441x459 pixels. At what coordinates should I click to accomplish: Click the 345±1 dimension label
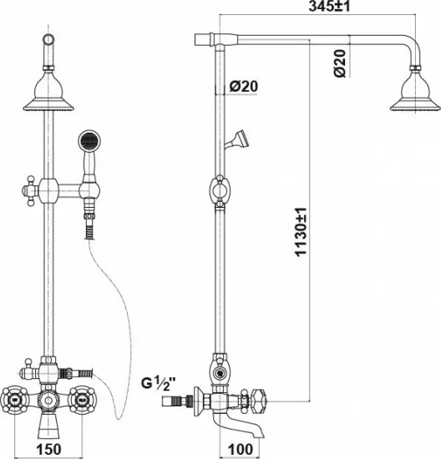[x=329, y=6]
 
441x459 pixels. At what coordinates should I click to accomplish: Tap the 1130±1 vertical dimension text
[x=301, y=232]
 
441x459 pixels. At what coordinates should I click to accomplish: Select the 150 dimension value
[x=48, y=449]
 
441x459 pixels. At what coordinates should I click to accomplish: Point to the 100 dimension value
[x=240, y=449]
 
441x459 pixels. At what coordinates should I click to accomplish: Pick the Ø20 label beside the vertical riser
[x=244, y=86]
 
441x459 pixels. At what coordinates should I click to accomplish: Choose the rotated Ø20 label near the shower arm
[x=340, y=63]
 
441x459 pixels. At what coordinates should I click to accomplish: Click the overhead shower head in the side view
[x=415, y=88]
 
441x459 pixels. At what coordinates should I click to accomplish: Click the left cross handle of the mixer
[x=14, y=400]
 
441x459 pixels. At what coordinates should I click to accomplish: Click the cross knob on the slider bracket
[x=30, y=191]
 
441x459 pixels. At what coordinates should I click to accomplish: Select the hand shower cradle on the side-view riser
[x=237, y=139]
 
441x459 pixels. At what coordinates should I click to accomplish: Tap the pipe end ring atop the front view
[x=48, y=39]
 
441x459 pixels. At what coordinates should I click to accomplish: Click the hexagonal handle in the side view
[x=259, y=400]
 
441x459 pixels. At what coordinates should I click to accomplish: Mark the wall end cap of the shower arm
[x=203, y=39]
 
